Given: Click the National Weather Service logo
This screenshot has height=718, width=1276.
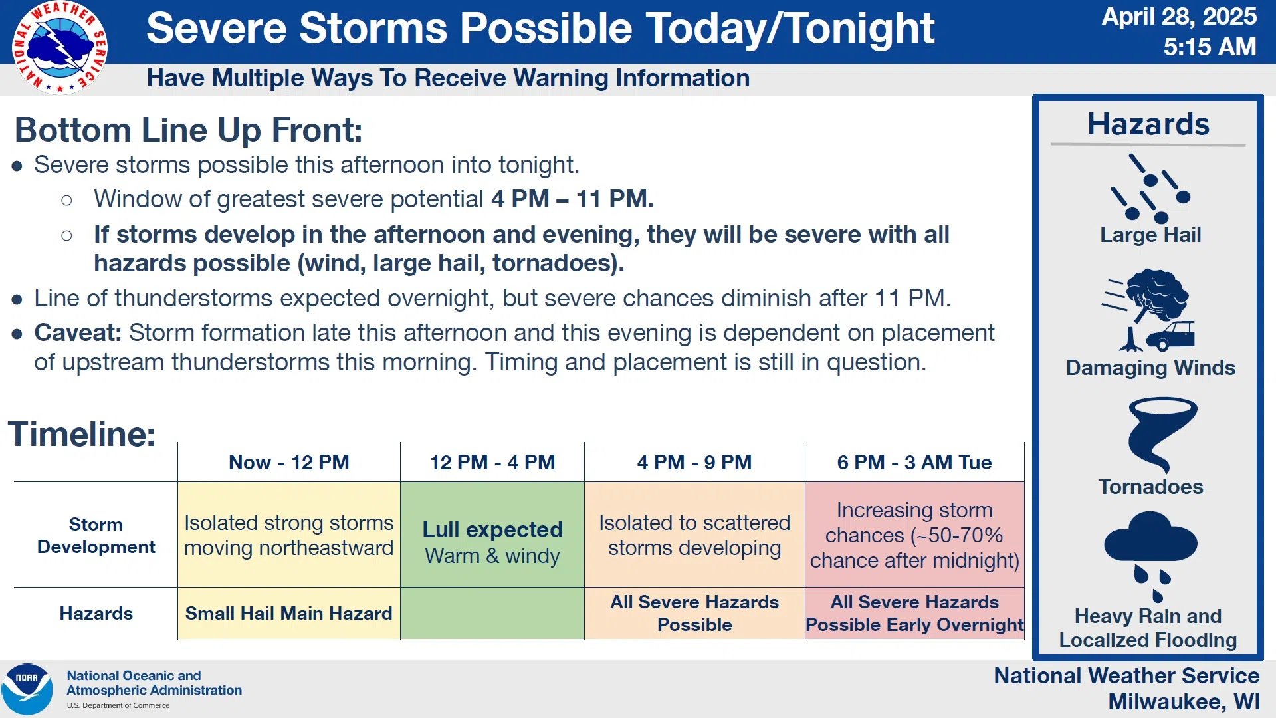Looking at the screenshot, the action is (60, 47).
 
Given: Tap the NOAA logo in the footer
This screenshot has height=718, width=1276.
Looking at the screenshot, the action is (27, 689).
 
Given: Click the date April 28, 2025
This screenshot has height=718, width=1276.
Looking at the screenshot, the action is (1179, 16).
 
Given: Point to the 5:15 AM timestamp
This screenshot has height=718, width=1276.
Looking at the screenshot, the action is (1210, 47).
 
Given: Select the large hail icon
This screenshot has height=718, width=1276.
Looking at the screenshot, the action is (1150, 188).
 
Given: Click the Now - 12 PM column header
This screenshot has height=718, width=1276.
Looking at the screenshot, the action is (289, 462).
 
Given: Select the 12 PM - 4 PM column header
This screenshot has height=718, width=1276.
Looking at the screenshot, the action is (492, 462).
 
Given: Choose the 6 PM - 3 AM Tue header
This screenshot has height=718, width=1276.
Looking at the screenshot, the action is (914, 462).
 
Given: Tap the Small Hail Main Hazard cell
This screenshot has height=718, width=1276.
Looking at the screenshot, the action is (289, 613).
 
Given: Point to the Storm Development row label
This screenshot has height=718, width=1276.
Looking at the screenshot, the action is (96, 535).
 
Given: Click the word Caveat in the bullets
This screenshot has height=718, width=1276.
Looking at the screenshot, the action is (78, 332).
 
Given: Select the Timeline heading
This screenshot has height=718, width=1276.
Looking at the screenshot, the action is (82, 434).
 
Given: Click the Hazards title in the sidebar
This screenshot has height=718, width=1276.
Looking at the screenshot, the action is (1148, 124).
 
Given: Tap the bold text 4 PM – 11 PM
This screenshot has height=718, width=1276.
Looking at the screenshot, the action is (572, 199).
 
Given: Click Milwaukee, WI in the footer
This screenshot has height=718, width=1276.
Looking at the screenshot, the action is (1184, 701).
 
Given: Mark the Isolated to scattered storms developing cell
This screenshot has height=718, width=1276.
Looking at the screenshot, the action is (694, 535).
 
